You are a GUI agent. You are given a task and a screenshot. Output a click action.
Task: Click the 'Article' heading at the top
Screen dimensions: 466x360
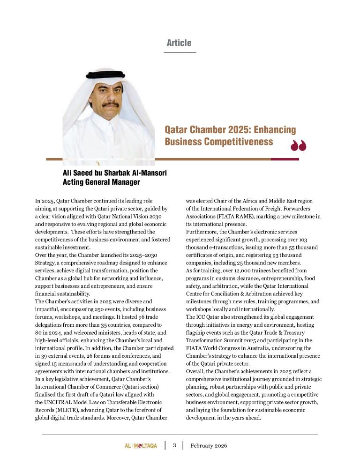coord(179,43)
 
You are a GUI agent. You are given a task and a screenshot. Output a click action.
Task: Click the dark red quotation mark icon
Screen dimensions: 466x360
coord(298,146)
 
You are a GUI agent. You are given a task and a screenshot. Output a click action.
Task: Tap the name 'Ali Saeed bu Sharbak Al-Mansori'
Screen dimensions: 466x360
coord(114,173)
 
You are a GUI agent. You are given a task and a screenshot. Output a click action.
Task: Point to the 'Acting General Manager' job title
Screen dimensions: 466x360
coord(101,182)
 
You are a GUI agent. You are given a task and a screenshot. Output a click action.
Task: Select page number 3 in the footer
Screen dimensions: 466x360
coord(174,445)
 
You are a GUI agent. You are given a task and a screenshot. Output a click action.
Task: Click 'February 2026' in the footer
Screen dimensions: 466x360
coord(209,446)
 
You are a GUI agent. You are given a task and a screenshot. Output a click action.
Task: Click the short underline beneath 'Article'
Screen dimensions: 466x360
coord(180,52)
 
